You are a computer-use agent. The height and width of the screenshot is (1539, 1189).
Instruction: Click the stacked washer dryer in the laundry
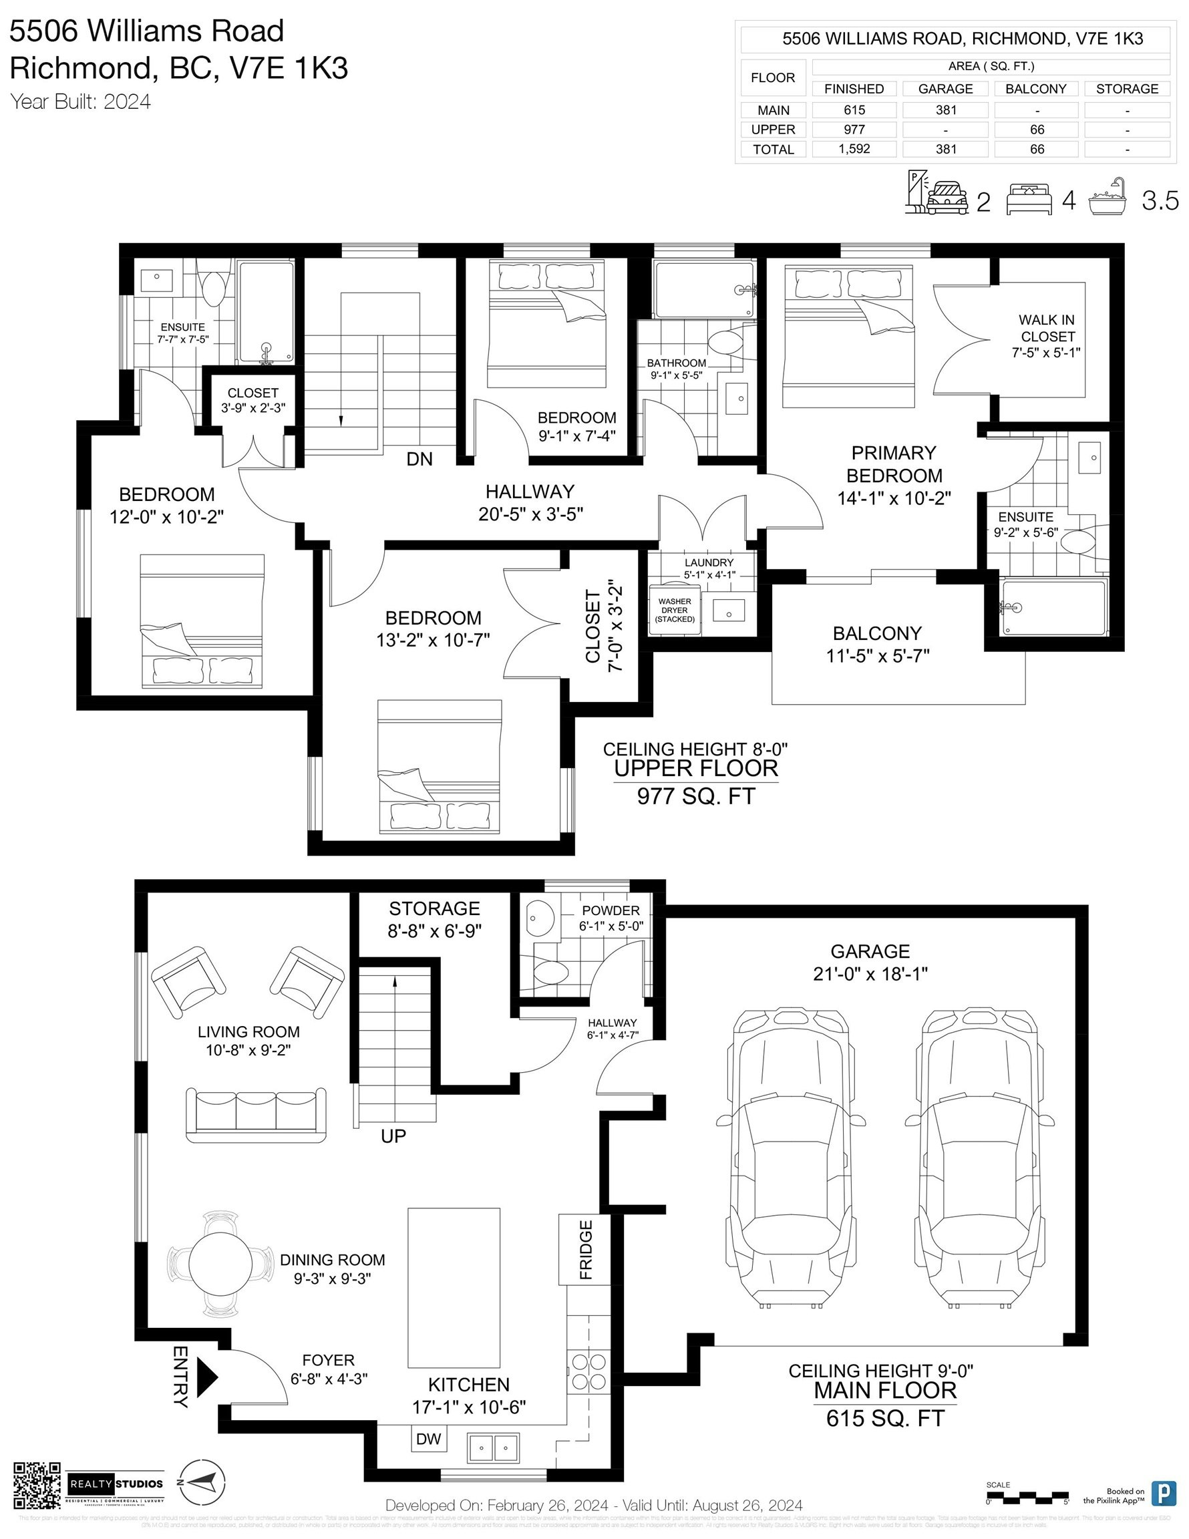(675, 611)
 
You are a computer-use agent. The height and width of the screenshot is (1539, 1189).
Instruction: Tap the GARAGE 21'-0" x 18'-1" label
(870, 962)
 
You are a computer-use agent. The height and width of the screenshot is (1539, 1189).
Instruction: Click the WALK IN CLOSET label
(1047, 336)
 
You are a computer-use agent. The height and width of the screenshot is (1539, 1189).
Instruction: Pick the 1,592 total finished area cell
(854, 149)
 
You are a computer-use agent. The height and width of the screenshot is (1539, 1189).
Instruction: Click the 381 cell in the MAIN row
(945, 110)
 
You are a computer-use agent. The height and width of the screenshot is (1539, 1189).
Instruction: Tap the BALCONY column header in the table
(1036, 89)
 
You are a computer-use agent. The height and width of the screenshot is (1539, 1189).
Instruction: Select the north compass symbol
(202, 1482)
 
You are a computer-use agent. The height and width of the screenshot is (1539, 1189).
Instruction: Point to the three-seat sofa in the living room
(256, 1114)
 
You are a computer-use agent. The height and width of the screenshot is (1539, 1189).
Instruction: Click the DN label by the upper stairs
(419, 460)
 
